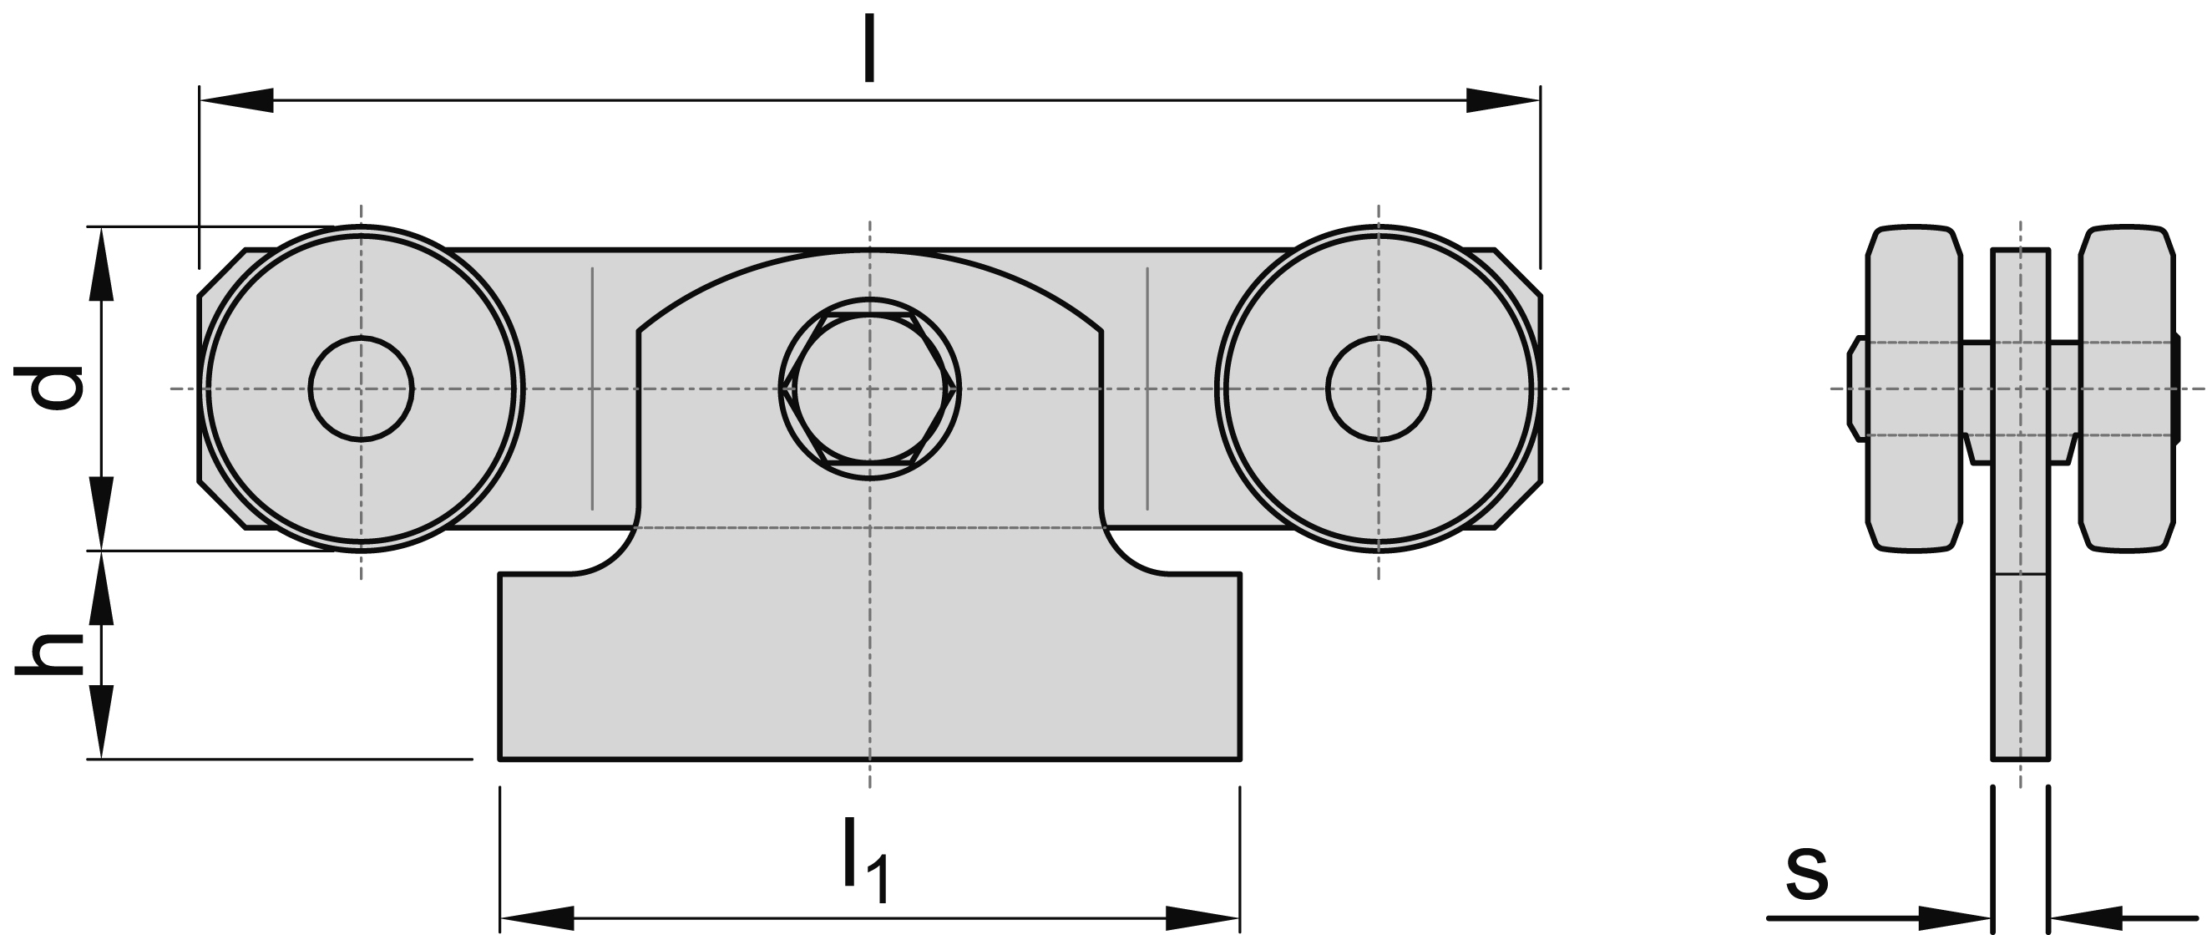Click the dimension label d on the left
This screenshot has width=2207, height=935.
[x=50, y=389]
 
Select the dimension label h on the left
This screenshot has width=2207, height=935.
[x=50, y=655]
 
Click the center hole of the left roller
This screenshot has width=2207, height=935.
[x=361, y=389]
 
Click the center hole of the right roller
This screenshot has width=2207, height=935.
[x=1378, y=389]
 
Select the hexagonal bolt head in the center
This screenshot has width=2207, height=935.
[x=869, y=389]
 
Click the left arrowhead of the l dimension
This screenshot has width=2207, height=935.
[x=235, y=100]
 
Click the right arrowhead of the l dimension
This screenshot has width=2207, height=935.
[x=1504, y=100]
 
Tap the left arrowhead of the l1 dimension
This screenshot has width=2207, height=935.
[x=536, y=917]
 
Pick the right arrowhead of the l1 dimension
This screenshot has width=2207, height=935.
[x=1204, y=917]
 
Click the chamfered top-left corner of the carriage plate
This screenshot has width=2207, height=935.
[x=221, y=272]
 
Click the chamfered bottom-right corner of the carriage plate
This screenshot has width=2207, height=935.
[x=1518, y=506]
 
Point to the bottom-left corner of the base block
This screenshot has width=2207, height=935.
[x=501, y=758]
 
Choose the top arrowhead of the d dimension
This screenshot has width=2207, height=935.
[x=101, y=262]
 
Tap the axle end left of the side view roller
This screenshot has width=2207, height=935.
[x=1855, y=389]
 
